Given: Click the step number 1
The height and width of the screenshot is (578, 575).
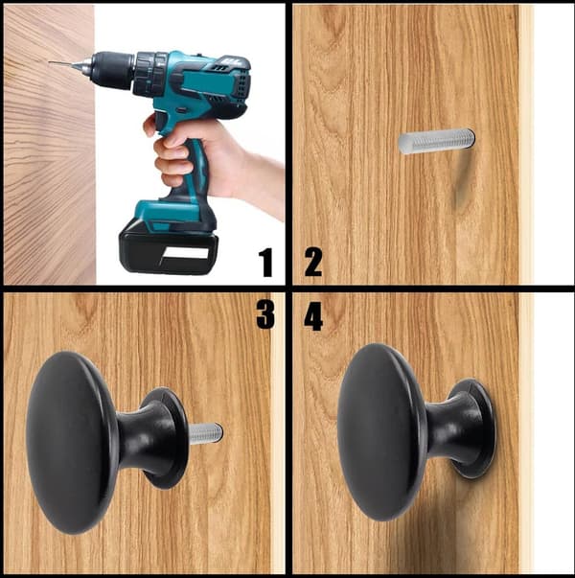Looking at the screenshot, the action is coord(265,263).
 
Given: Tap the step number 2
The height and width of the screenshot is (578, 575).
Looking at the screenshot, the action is coord(313,263).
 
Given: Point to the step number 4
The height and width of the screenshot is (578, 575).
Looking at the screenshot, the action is coord(313,316).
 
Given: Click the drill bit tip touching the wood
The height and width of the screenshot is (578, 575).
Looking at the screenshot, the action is coord(50,62).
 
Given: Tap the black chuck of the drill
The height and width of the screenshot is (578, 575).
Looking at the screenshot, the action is coord(111,70).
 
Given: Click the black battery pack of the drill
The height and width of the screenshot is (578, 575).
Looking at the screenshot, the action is coord(169,252).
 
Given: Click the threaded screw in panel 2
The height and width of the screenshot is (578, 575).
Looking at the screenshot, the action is coord(437,141).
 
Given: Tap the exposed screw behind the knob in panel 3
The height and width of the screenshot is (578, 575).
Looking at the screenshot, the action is coord(206,433).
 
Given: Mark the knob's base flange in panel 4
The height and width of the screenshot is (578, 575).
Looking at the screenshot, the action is coord(475,428).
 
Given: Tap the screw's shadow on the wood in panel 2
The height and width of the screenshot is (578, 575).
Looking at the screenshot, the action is coord(461,180).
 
